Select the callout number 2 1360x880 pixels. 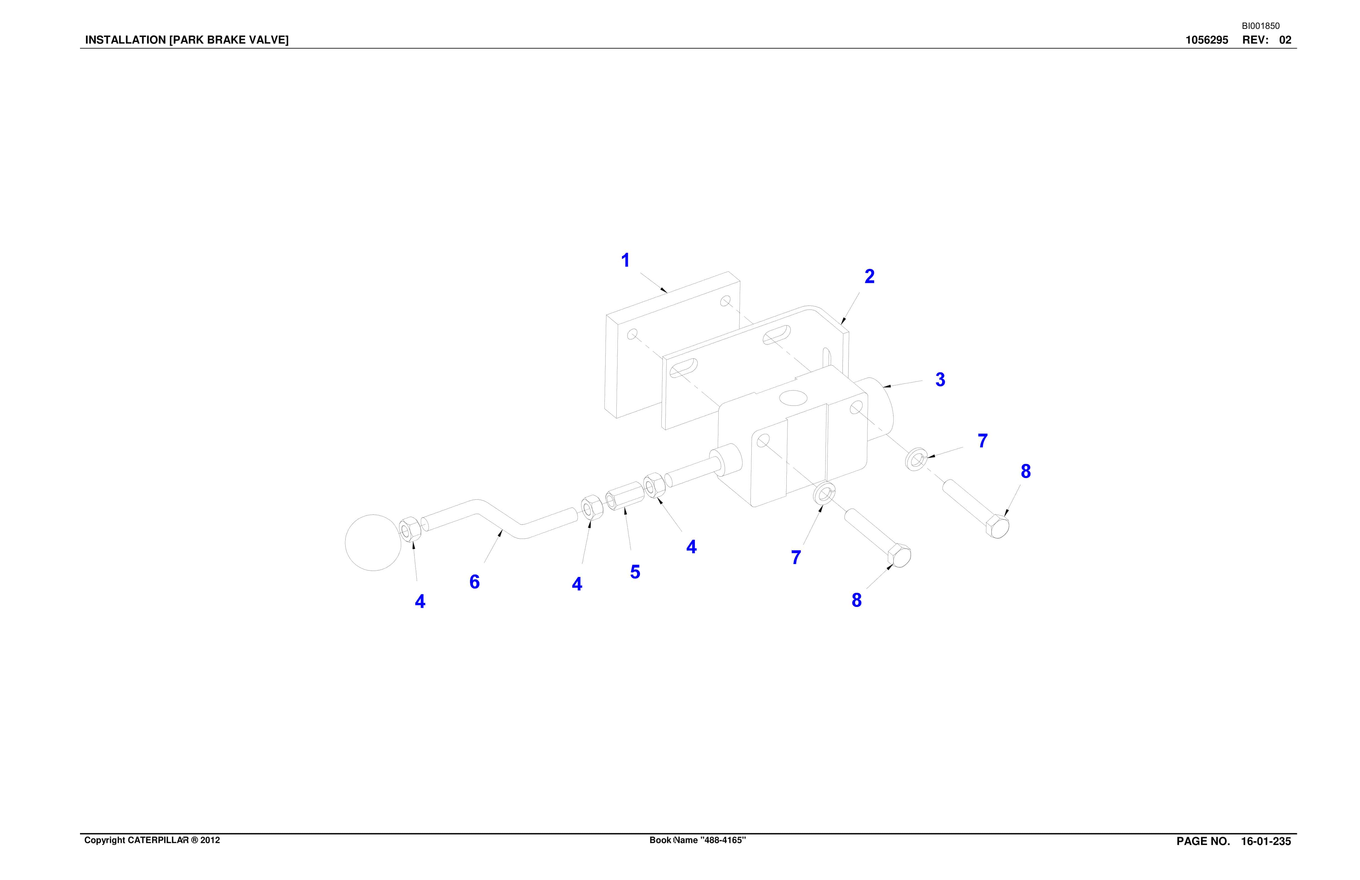pyautogui.click(x=869, y=277)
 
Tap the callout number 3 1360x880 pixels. pyautogui.click(x=940, y=379)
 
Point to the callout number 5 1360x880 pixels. pyautogui.click(x=635, y=572)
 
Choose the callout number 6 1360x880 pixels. pyautogui.click(x=474, y=582)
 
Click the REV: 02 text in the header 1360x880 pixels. pyautogui.click(x=1267, y=40)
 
